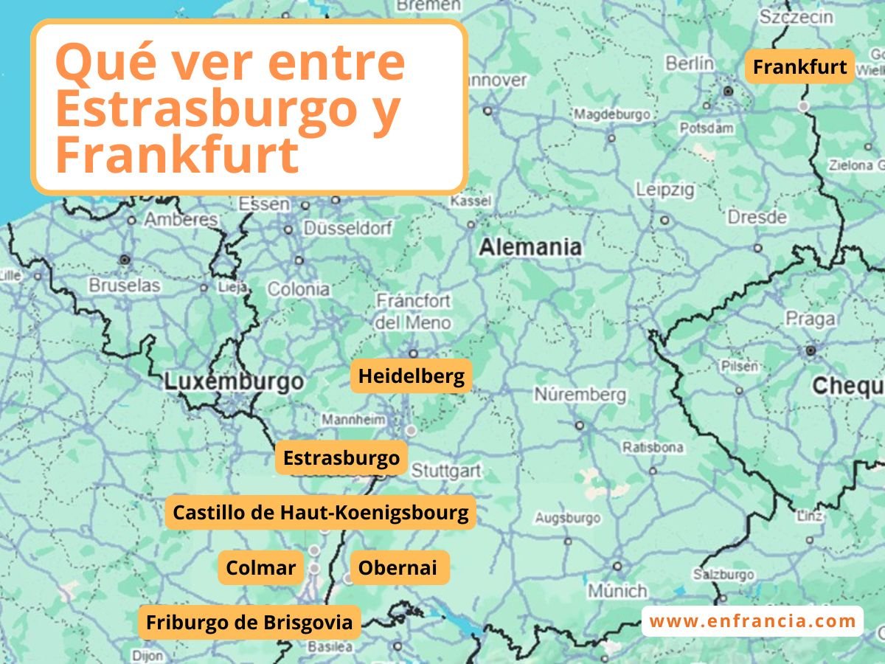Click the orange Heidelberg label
coord(411,376)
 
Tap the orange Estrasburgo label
coord(341,458)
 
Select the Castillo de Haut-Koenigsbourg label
coord(320,512)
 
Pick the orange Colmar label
coord(260,567)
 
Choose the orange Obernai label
coord(398,567)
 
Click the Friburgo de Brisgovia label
coord(249,622)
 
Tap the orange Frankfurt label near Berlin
coord(799,67)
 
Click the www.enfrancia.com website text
coord(752,621)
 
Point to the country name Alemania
coord(530,247)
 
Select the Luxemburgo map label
coord(234,381)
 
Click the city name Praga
coord(810,319)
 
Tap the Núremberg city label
coord(580,395)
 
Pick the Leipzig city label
coord(665,190)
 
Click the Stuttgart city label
coord(445,471)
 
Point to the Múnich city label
coord(617,591)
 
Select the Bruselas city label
coord(124,285)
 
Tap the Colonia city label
coord(298,289)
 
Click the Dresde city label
coord(757,218)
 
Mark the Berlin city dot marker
coord(729,91)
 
